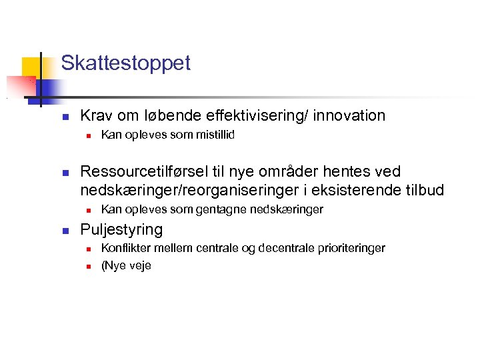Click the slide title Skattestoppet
(125, 63)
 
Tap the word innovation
(349, 115)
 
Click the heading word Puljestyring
(121, 230)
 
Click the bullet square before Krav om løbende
(65, 117)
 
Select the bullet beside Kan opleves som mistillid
(88, 136)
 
